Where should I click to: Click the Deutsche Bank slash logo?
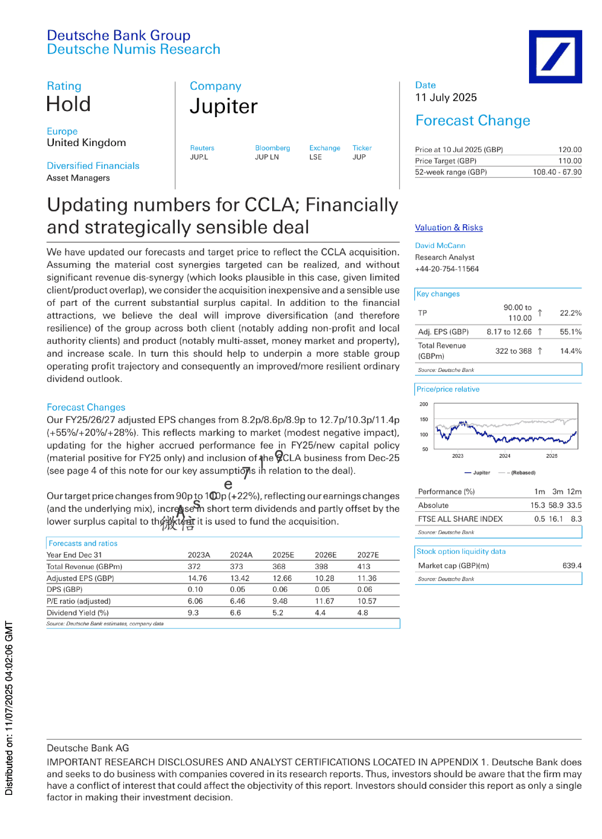click(x=555, y=56)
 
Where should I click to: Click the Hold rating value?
click(x=68, y=104)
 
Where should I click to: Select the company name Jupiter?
click(x=223, y=107)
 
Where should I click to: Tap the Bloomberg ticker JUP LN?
click(x=267, y=157)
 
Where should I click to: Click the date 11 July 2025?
click(x=446, y=97)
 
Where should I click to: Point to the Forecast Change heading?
click(x=472, y=121)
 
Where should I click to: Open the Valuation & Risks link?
click(x=448, y=228)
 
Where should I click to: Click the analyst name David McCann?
click(x=440, y=246)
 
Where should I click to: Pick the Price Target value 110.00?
click(x=570, y=161)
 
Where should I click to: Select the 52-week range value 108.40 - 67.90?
click(x=557, y=172)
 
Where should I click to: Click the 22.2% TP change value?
click(x=571, y=313)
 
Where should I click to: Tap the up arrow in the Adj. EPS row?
click(x=540, y=332)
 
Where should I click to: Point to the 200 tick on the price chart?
click(x=424, y=404)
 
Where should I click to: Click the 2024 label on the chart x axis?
click(x=504, y=456)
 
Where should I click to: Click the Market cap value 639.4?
click(x=572, y=566)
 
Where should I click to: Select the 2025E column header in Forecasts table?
click(x=283, y=555)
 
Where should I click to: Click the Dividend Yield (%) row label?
click(x=78, y=613)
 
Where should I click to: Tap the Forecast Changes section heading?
click(x=86, y=407)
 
